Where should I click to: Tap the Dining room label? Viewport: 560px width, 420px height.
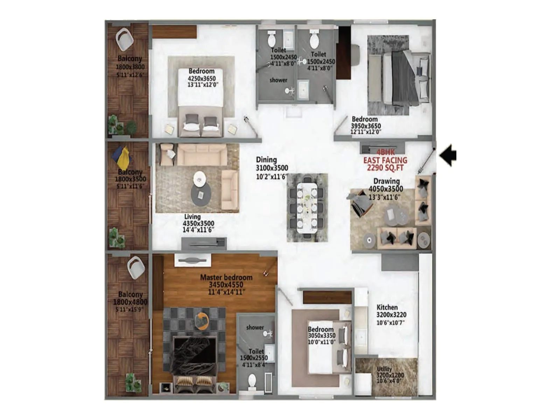pos(266,160)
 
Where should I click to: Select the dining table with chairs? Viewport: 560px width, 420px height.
pos(307,207)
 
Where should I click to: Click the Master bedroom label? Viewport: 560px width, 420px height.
pos(226,277)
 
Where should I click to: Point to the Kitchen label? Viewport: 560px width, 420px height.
pos(387,307)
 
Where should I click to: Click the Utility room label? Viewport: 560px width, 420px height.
pos(384,369)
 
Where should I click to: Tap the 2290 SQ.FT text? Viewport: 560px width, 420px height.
pos(385,168)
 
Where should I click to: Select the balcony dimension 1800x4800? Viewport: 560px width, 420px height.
pos(130,302)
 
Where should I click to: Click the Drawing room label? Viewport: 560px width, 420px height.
pos(386,181)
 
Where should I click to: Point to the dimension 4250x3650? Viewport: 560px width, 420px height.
pos(202,78)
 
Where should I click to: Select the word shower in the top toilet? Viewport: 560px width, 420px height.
pos(278,80)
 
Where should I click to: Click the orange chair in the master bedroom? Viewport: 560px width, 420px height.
pos(203,320)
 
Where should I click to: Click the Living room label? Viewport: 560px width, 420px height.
pos(192,217)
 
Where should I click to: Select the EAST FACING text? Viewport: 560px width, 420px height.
pos(385,160)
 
